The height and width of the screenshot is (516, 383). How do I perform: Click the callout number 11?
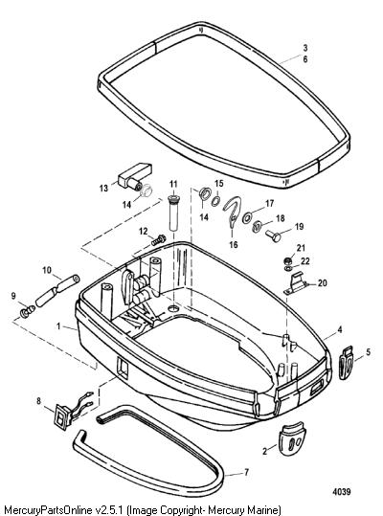(x=173, y=184)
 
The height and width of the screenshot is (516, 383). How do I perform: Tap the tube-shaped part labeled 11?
(x=173, y=213)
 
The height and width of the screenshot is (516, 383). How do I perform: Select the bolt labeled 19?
(x=273, y=235)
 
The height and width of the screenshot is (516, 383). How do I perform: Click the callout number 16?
(x=234, y=244)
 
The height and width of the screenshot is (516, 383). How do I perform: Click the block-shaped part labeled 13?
(x=135, y=176)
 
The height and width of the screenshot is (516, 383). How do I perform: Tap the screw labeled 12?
(x=159, y=240)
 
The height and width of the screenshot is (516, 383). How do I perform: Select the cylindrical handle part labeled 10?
(x=57, y=291)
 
